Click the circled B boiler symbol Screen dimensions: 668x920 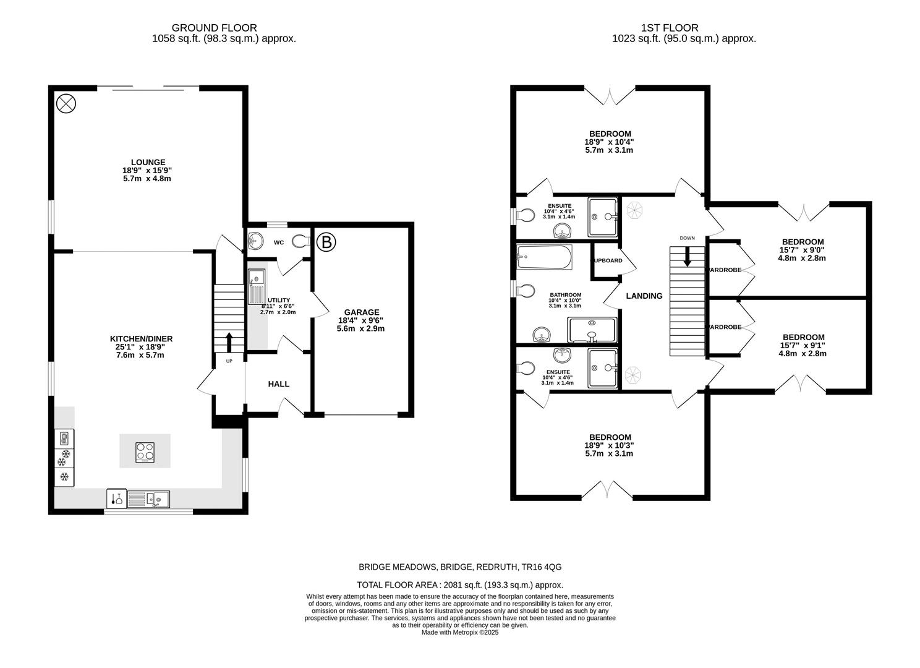click(x=326, y=242)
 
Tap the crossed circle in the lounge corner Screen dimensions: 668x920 click(x=65, y=103)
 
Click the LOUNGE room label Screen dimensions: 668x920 click(x=147, y=162)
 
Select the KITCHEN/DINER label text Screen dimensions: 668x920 click(x=141, y=338)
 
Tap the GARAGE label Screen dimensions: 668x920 click(x=362, y=312)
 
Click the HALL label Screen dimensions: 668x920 click(x=278, y=384)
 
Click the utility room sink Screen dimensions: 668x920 click(x=255, y=288)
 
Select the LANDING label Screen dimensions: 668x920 click(x=644, y=296)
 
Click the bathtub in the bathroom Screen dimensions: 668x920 click(x=545, y=256)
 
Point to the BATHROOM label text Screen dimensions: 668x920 click(x=565, y=295)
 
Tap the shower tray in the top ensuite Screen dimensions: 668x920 click(x=603, y=216)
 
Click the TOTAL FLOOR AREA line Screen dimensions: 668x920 click(x=459, y=584)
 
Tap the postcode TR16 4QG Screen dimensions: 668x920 click(x=542, y=567)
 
